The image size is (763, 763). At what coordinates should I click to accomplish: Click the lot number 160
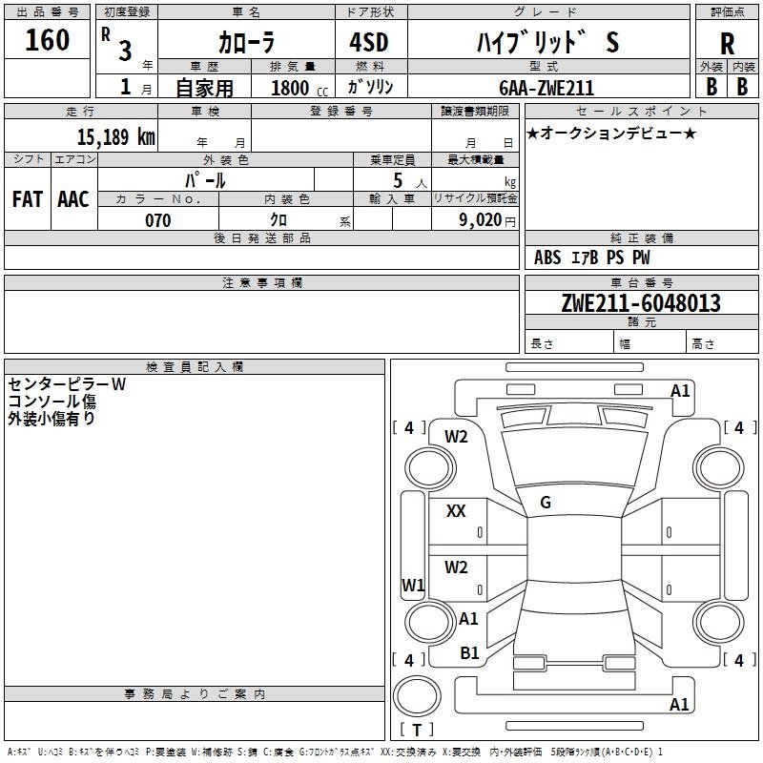pos(47,39)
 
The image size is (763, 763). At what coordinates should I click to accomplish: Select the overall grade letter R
pos(727,43)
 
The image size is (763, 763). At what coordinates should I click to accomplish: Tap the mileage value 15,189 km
pos(115,136)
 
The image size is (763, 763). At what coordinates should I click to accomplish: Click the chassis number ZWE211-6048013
pos(641,302)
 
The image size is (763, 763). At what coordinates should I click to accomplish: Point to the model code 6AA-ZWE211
pos(546,88)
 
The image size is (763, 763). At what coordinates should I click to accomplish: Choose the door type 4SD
pos(369,42)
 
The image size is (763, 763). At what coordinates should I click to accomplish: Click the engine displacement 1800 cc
pos(299,88)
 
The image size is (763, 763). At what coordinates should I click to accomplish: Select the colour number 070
pos(158,220)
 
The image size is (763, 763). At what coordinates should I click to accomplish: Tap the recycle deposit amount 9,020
pos(481,220)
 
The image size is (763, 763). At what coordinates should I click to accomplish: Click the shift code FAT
pos(28,199)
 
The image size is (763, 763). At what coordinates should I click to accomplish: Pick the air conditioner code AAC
pos(73,199)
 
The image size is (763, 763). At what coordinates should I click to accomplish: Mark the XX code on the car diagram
pos(456,511)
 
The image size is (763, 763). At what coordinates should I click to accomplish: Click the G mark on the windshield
pos(546,503)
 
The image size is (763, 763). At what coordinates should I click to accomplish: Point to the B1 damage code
pos(469,653)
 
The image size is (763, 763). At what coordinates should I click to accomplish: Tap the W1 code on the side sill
pos(413,586)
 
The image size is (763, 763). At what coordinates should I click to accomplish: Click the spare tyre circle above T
pos(417,696)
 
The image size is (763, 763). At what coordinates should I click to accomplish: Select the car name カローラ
pos(246,42)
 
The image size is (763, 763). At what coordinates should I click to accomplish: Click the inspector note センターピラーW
pos(67,384)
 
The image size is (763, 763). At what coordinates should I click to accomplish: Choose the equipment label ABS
pos(547,258)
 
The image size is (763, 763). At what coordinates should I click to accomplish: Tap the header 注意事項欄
pos(261,282)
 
